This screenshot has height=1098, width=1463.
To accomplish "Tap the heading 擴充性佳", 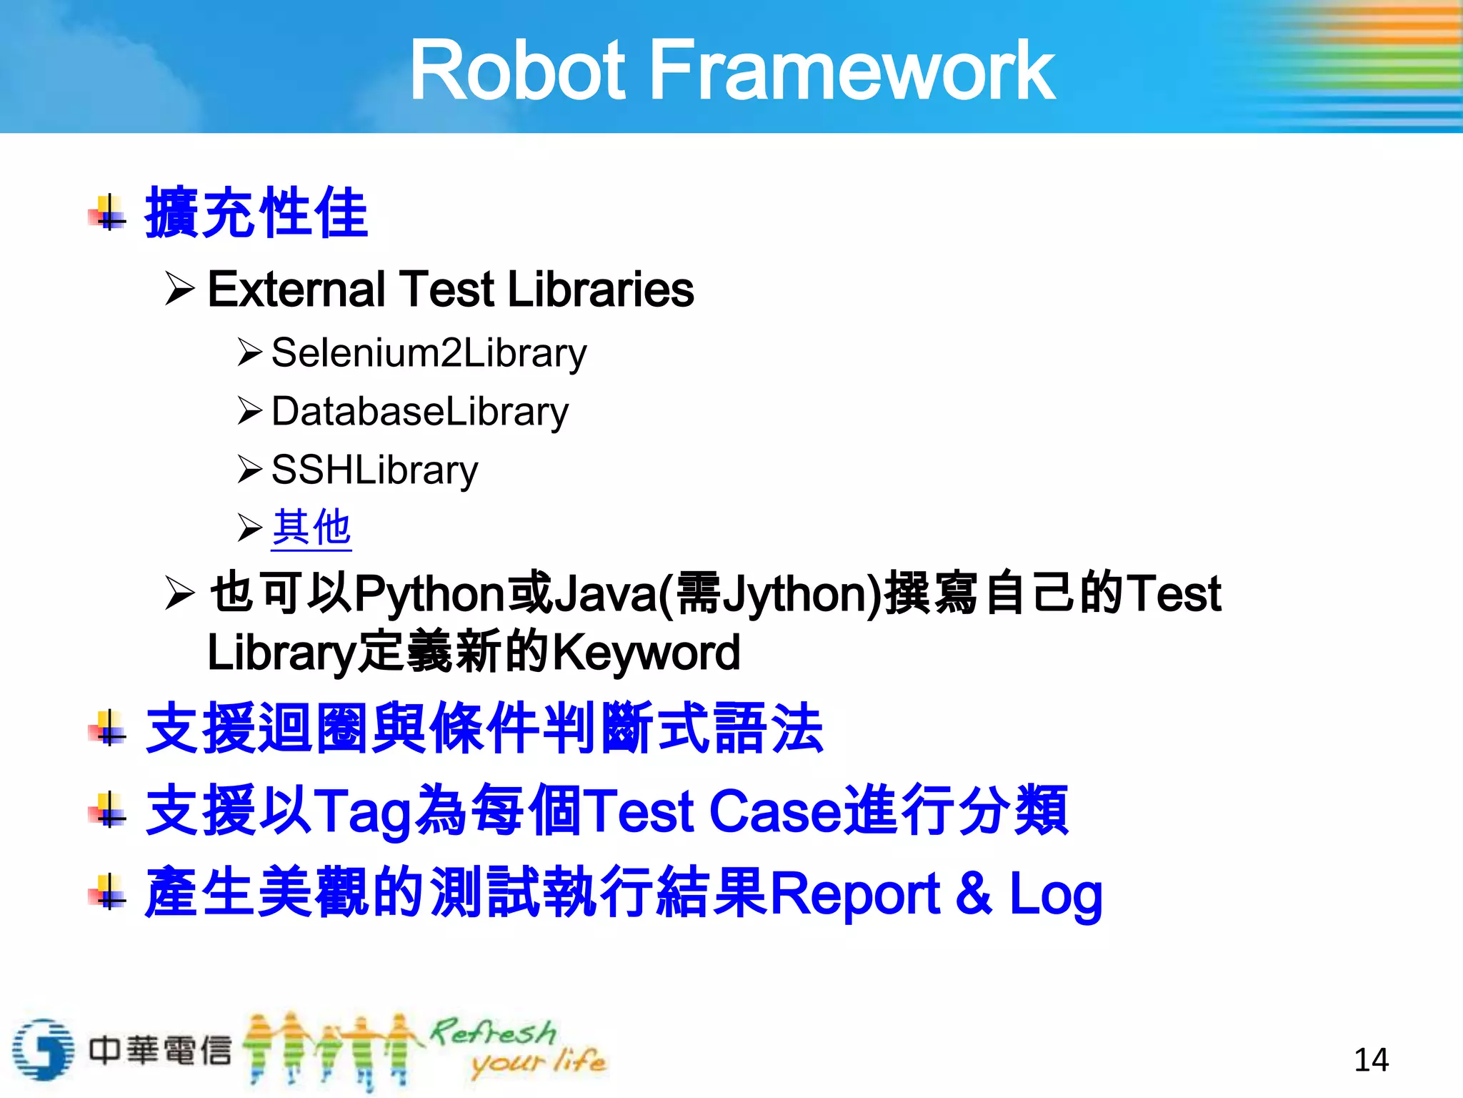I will [x=256, y=212].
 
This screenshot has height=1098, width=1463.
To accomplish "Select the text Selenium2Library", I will [x=429, y=353].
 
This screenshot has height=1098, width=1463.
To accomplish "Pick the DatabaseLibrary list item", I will [x=420, y=412].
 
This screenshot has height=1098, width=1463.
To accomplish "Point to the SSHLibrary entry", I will [x=374, y=470].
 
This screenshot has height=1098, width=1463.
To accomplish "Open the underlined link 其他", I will [x=311, y=528].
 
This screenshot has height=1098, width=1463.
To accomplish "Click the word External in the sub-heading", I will [x=296, y=290].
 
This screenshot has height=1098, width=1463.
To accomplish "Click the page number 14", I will [x=1371, y=1059].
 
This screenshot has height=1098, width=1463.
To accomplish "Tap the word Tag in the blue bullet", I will [x=362, y=811].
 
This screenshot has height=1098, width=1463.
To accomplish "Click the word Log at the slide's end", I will [x=1055, y=894].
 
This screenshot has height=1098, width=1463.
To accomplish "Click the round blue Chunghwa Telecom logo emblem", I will [x=43, y=1049].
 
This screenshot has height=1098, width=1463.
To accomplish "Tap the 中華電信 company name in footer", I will [x=160, y=1050].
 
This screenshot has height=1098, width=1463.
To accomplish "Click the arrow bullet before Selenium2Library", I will [x=250, y=352].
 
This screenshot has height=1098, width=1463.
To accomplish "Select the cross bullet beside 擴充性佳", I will [x=109, y=212].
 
